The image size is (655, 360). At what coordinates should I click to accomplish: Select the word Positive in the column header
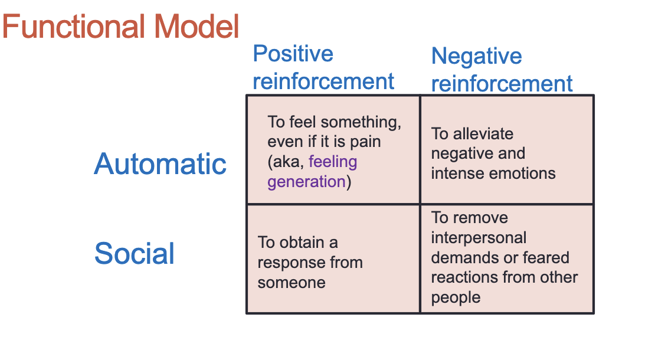click(293, 54)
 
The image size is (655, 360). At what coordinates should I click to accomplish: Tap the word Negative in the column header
click(476, 57)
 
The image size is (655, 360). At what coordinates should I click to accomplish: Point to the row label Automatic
click(160, 164)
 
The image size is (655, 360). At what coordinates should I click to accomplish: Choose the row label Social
click(135, 254)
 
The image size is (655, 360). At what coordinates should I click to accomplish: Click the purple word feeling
click(333, 162)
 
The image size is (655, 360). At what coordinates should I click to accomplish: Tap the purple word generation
click(306, 182)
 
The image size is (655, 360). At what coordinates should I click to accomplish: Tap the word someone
click(292, 283)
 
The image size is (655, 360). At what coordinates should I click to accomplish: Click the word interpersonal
click(479, 238)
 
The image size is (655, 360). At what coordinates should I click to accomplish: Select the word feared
click(546, 258)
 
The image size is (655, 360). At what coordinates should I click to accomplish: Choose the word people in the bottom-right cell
click(456, 297)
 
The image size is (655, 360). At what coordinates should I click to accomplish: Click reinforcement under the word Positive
click(323, 81)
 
